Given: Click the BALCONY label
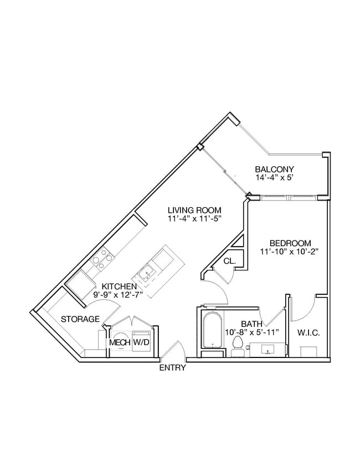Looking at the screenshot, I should tap(274, 169).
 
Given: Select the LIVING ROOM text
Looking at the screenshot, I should tap(194, 210).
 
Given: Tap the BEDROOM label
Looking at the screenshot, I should tap(290, 243).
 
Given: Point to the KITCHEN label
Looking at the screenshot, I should tap(119, 286).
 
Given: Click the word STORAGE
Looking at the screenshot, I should tap(80, 319).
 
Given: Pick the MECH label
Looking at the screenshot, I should tap(119, 343).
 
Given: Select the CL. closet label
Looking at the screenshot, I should tap(229, 261).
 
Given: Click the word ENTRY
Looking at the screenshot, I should tap(172, 368).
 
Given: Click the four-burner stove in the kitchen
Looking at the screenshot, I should tap(102, 258).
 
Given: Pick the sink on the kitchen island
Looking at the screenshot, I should tap(147, 273).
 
